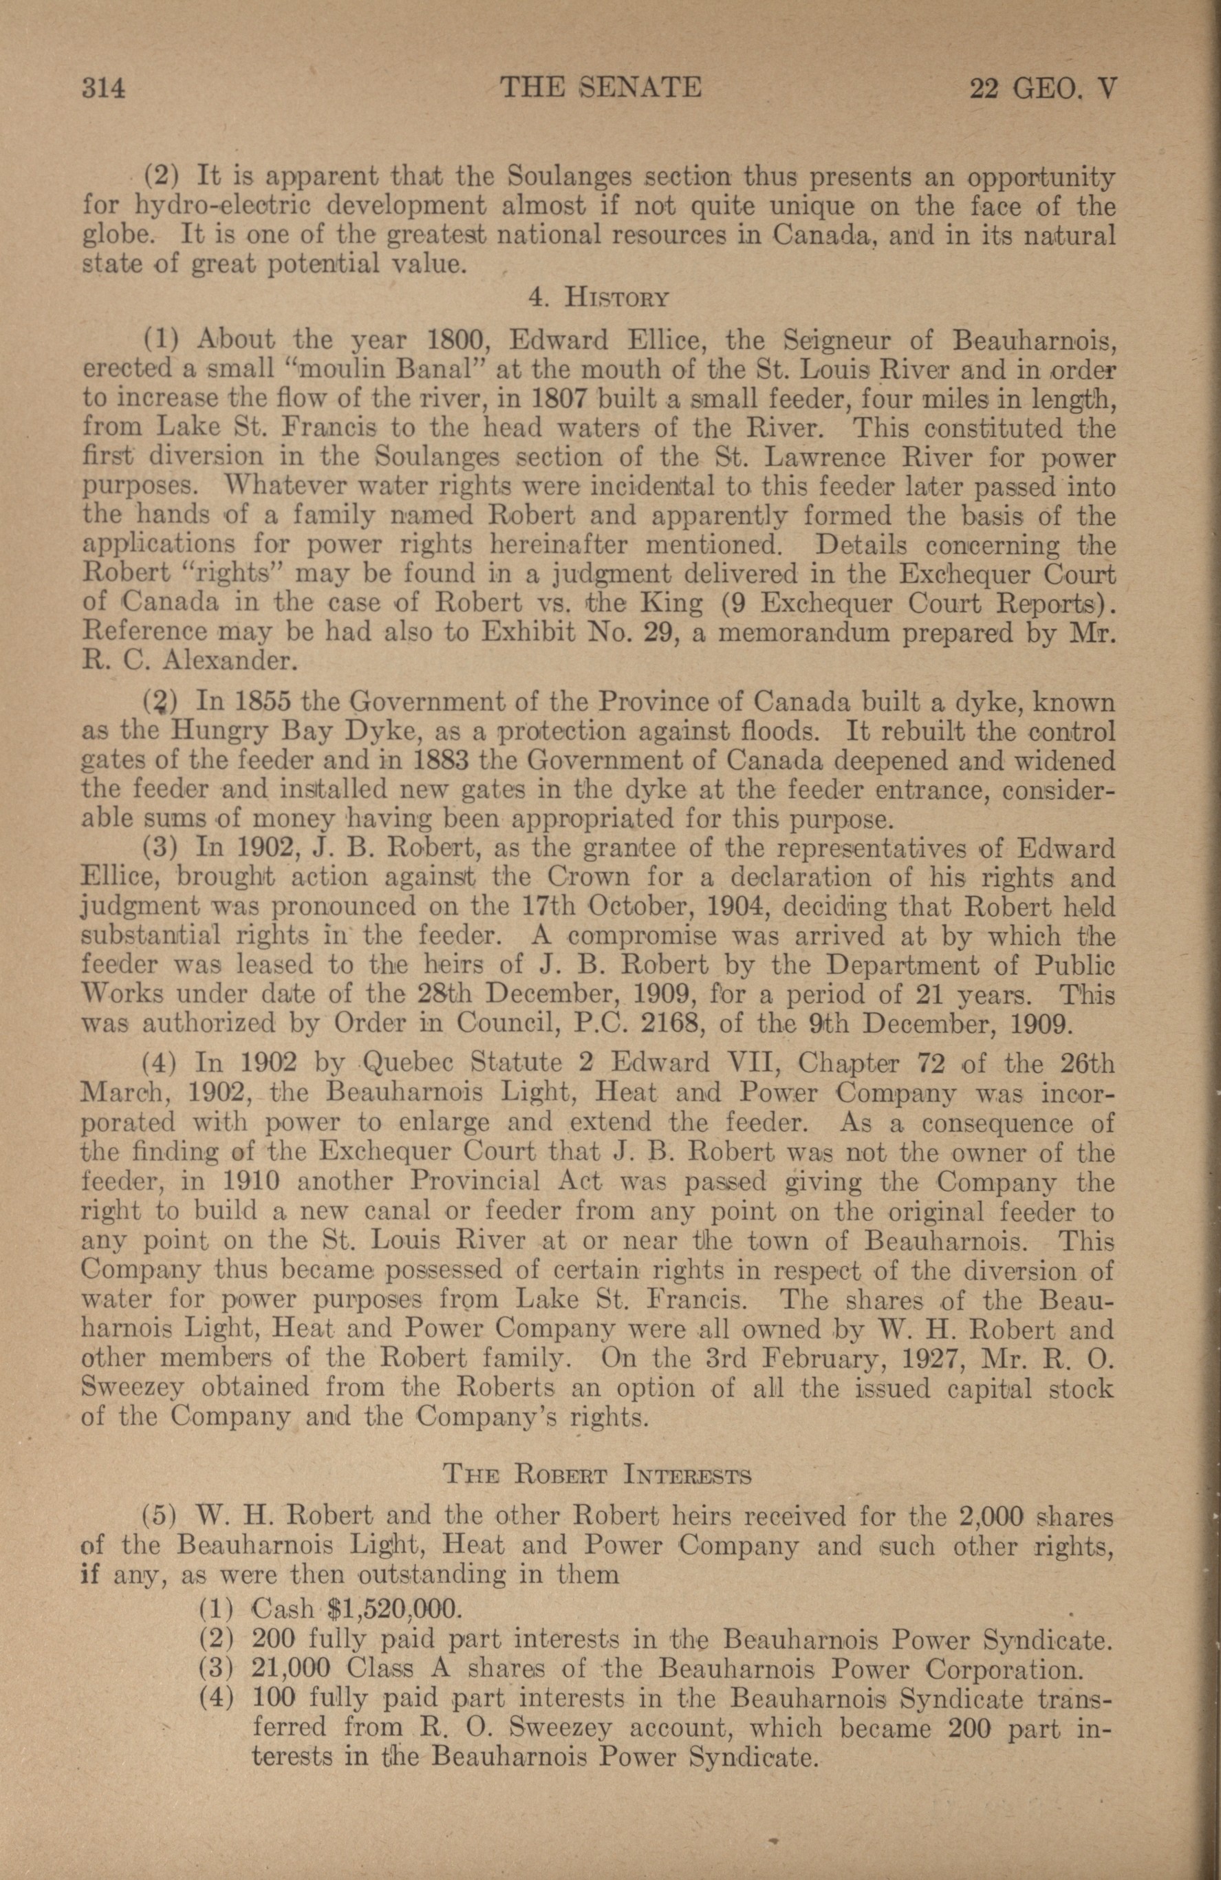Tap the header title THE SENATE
coord(601,87)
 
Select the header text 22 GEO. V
coord(1043,87)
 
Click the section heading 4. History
coord(598,299)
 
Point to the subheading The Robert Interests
coord(597,1474)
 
